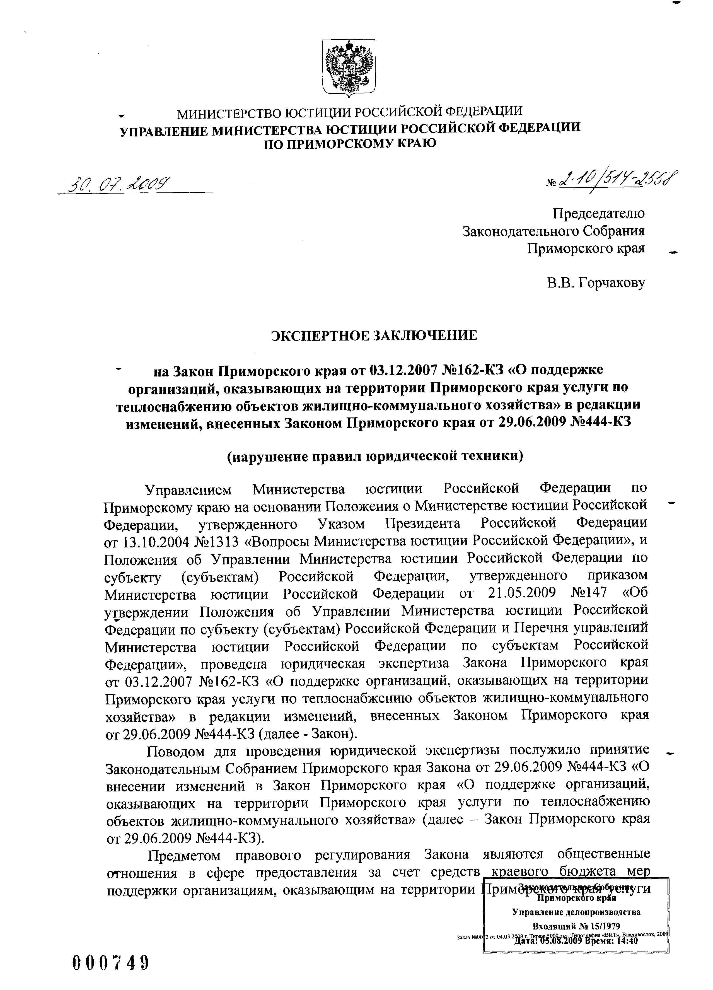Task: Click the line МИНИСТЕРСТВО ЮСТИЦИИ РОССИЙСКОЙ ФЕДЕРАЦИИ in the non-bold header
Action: [x=349, y=113]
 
